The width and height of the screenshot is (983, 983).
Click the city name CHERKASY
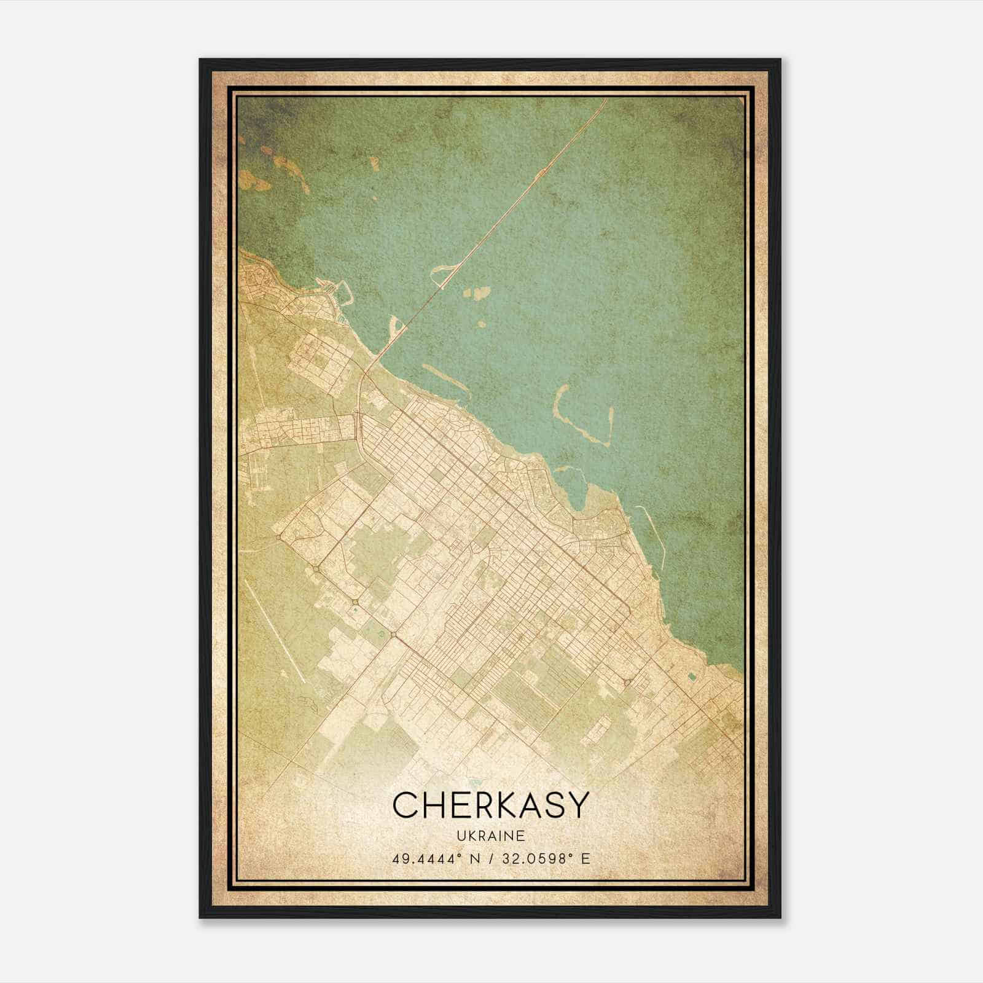pos(491,805)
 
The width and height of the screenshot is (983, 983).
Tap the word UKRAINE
pos(491,836)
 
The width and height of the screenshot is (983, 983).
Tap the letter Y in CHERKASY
pos(577,805)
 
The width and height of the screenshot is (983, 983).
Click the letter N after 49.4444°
pos(474,859)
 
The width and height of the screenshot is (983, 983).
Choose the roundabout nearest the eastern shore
pos(627,682)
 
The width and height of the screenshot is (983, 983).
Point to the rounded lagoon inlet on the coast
pos(574,485)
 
